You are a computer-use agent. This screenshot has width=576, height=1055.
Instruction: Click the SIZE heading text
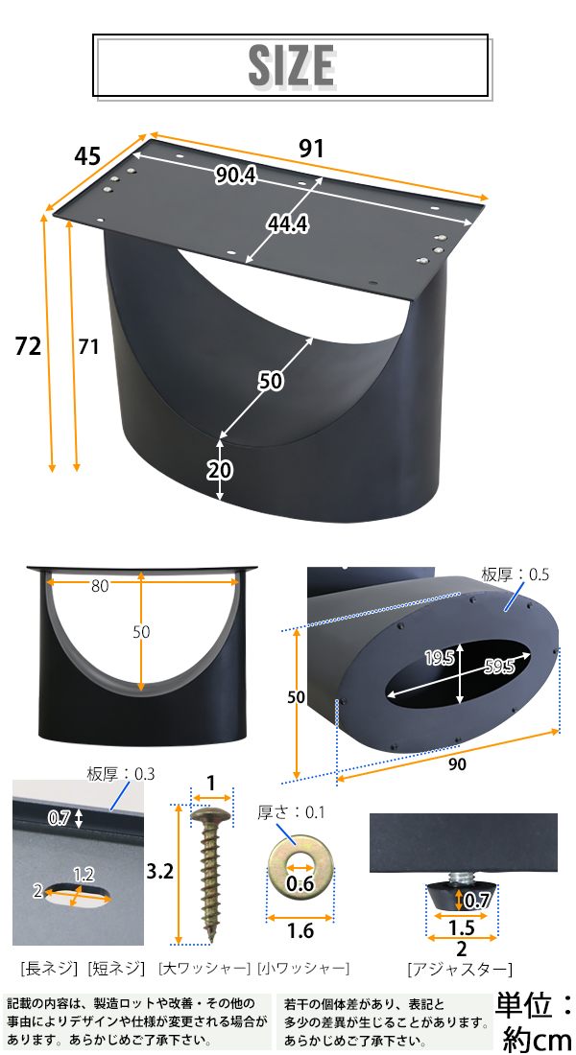[292, 65]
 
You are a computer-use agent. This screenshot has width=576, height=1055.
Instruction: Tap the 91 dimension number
[311, 149]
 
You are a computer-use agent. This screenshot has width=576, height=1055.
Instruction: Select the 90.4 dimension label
[236, 176]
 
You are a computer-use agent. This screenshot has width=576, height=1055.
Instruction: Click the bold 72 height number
[28, 346]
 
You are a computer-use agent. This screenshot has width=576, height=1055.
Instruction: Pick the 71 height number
[88, 346]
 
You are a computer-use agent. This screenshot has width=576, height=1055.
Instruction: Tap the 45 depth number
[87, 156]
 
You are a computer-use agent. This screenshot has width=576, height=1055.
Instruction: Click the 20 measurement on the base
[220, 470]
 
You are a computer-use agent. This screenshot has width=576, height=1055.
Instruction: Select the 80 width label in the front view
[100, 586]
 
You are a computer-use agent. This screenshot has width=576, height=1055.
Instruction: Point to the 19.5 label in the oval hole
[440, 658]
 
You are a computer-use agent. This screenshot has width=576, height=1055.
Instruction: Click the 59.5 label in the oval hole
[499, 667]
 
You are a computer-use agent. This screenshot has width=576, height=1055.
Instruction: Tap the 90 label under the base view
[457, 765]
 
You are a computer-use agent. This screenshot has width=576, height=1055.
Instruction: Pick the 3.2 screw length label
[160, 871]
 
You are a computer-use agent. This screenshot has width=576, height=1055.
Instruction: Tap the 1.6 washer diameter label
[300, 930]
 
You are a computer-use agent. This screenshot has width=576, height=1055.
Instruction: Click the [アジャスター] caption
[460, 970]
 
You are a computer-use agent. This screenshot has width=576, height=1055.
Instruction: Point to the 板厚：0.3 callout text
[121, 774]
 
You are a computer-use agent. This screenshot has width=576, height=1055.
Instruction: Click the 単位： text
[535, 1005]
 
